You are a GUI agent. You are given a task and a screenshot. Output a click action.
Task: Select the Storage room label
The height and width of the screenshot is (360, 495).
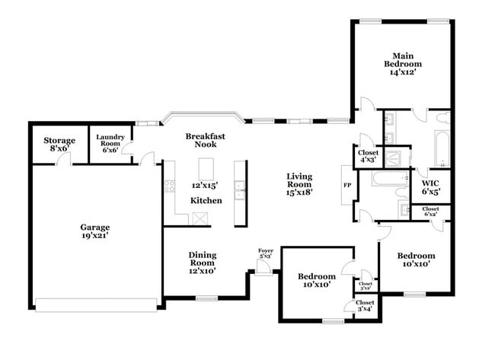click(59, 144)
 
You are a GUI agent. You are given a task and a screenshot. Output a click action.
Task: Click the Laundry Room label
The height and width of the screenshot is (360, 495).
click(110, 144)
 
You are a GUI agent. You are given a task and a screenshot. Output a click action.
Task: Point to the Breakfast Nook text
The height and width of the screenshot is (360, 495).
click(206, 140)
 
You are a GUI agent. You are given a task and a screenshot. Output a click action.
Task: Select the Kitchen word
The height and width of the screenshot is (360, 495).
click(206, 200)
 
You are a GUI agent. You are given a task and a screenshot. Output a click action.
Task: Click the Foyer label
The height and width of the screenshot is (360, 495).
click(266, 253)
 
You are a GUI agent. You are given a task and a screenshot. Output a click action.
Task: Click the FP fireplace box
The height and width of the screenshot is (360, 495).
click(346, 185)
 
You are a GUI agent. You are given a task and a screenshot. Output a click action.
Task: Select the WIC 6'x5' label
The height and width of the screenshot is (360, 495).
click(431, 186)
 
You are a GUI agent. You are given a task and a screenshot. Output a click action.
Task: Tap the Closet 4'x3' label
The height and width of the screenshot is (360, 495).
click(367, 156)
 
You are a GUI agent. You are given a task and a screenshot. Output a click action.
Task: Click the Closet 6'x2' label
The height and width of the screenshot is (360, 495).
click(430, 211)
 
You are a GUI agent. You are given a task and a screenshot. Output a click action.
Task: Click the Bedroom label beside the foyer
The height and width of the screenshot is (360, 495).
click(316, 280)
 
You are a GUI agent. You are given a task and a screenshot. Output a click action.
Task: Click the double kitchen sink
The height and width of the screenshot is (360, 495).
click(241, 190)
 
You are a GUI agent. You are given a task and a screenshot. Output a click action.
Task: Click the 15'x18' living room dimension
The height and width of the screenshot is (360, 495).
click(300, 192)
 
